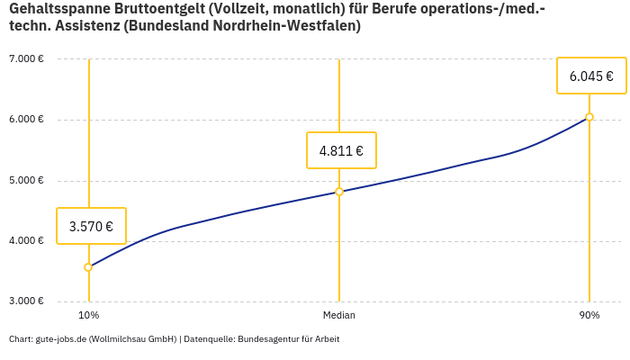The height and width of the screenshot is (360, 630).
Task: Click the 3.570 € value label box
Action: (x=91, y=226)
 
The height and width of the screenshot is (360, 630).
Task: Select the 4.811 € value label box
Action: (x=341, y=150)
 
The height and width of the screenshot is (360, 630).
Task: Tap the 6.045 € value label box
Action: (x=591, y=76)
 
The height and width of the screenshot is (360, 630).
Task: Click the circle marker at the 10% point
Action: (x=88, y=267)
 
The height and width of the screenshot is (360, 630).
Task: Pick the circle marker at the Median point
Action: (x=339, y=192)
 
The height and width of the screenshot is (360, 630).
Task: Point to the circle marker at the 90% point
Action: (x=589, y=117)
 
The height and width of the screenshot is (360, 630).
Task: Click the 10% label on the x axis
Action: (x=88, y=316)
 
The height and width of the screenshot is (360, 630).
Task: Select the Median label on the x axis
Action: (x=339, y=316)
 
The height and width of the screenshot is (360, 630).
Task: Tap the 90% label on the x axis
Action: (x=589, y=316)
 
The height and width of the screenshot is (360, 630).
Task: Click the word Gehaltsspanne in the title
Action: (x=58, y=8)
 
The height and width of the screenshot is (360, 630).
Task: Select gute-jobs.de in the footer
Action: (x=60, y=339)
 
